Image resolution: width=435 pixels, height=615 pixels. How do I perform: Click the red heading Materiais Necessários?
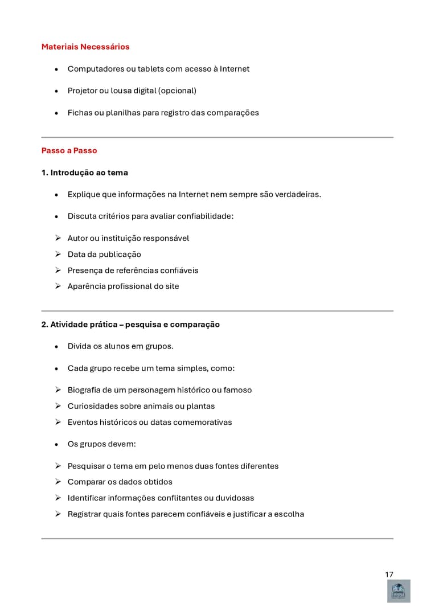point(85,47)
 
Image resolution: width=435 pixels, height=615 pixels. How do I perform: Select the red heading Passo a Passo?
point(69,150)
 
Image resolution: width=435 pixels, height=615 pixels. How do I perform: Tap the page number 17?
point(389,574)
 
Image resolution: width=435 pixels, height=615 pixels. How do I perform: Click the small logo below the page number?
point(399,591)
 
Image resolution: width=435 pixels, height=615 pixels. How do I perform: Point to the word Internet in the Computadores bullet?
point(235,69)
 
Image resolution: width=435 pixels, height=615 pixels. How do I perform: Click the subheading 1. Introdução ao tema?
point(84,173)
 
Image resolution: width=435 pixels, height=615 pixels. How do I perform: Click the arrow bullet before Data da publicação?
point(58,254)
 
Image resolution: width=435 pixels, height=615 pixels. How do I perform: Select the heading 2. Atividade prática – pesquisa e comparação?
point(130,325)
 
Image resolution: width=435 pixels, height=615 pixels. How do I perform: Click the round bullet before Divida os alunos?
point(56,347)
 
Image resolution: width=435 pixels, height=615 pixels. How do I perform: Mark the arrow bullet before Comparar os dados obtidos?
point(58,482)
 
